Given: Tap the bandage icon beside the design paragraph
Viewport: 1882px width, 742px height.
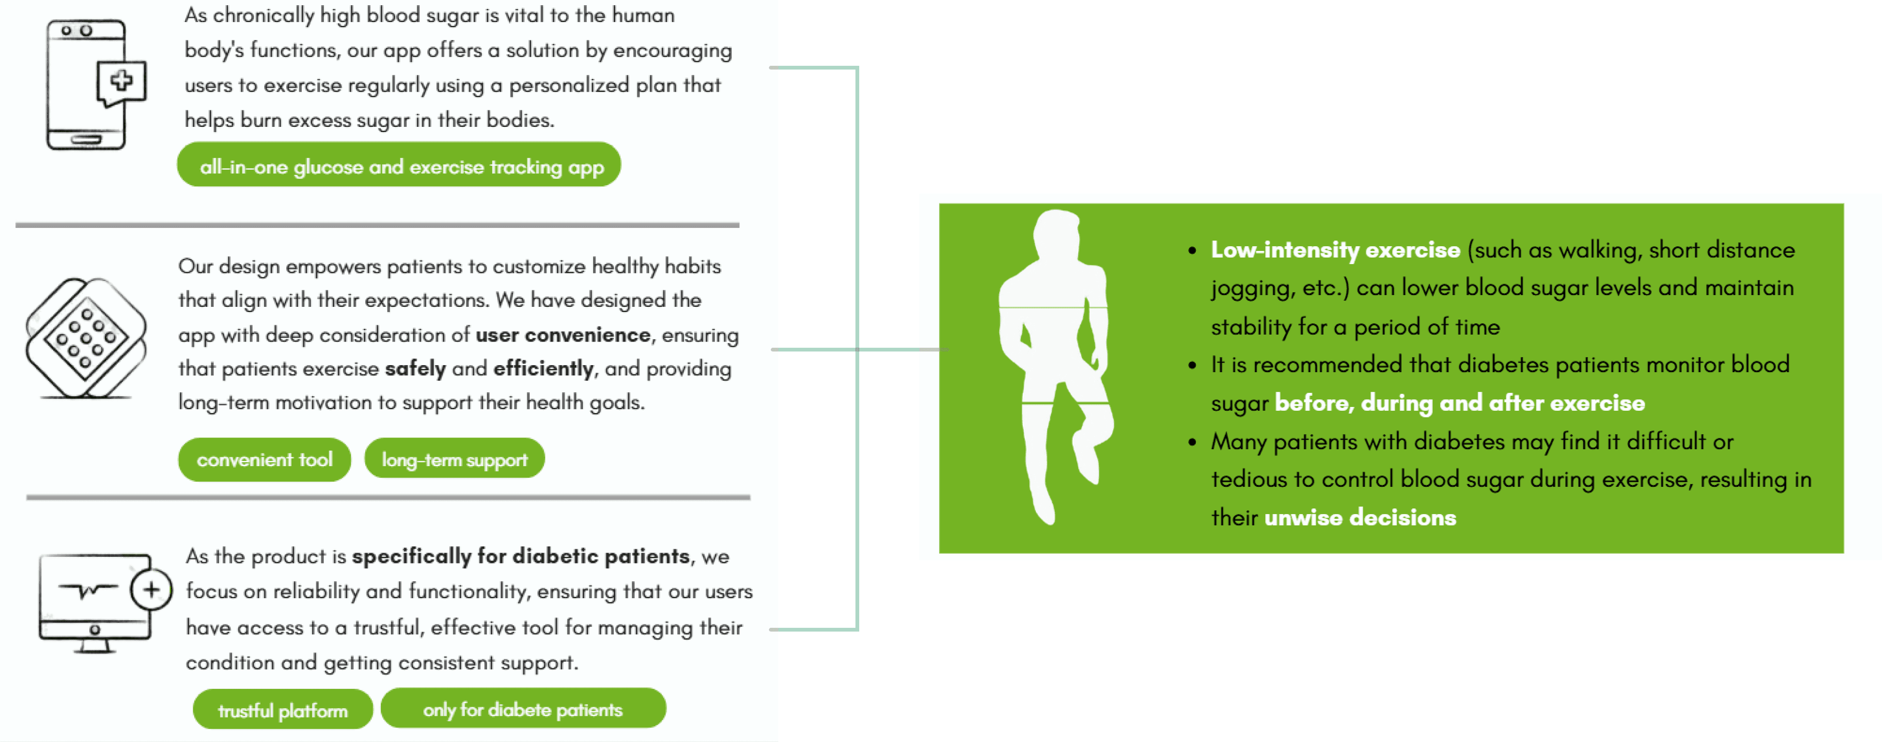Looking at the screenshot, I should pos(86,338).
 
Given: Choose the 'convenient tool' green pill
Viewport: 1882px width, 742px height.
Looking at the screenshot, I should pos(265,460).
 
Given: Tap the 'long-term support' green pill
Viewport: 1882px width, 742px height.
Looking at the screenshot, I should pos(455,460).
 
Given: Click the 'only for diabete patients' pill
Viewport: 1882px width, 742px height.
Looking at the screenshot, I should pos(523,709).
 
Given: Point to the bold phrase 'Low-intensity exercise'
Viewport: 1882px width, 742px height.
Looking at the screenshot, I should pos(1335,250).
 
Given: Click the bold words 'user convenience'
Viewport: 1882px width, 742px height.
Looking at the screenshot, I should pos(563,335).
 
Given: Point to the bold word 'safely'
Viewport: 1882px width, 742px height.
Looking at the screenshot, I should pos(415,368).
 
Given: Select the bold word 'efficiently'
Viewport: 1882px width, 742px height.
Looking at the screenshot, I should pos(543,368).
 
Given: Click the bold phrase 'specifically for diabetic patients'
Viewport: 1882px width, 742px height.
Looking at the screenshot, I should pos(520,556).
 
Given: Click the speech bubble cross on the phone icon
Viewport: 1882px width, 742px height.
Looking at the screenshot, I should pos(121,80).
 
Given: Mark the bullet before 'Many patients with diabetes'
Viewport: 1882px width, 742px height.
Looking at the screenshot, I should pos(1192,442).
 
